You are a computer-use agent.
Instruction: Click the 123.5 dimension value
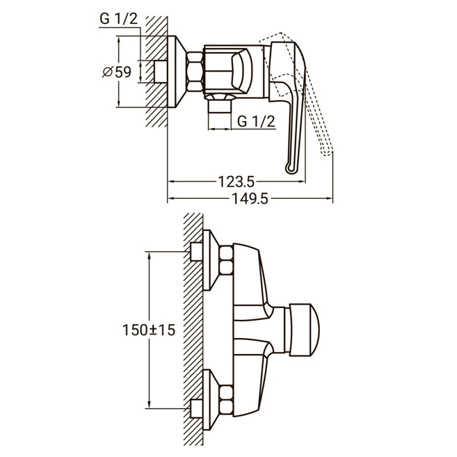(x=236, y=182)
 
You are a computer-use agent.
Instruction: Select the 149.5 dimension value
(x=250, y=198)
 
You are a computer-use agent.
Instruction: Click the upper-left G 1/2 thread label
(x=119, y=19)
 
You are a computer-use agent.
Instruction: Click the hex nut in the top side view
(x=194, y=71)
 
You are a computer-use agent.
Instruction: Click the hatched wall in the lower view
(x=193, y=331)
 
